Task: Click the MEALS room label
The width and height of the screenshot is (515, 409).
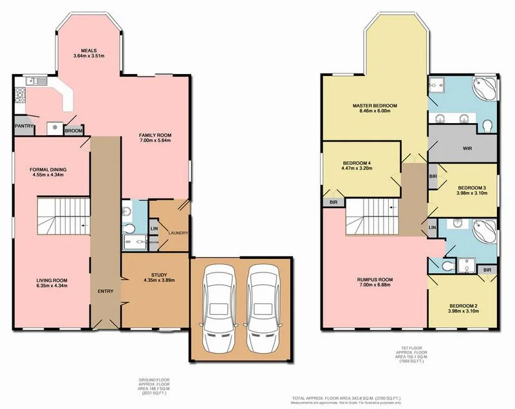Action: click(89, 51)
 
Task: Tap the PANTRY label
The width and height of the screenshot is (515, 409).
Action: click(24, 126)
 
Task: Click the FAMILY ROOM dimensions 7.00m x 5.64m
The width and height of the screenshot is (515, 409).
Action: click(156, 142)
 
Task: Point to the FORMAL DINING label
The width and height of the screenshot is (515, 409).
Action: click(48, 170)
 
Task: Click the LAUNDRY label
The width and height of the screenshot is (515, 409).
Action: click(177, 233)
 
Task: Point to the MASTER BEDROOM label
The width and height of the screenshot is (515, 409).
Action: click(374, 105)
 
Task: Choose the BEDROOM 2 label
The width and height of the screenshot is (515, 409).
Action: click(463, 305)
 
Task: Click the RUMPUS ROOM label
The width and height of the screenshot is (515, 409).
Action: click(375, 280)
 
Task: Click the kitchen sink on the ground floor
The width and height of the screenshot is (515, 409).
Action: click(35, 81)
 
